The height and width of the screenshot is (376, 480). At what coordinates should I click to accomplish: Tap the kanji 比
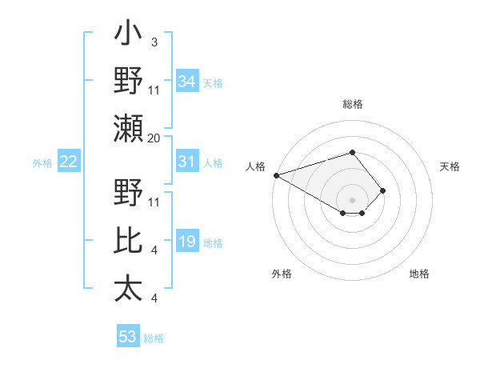tap(128, 242)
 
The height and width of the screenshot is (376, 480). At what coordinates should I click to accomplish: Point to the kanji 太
tap(128, 288)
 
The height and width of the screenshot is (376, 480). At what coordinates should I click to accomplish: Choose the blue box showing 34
tap(186, 82)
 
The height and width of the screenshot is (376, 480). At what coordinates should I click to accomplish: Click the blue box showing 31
tap(186, 162)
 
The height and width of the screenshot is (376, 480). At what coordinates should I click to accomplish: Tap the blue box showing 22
tap(68, 162)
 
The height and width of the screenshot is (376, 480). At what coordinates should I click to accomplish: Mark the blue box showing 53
tap(127, 337)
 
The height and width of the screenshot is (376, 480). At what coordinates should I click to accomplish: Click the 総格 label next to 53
tap(154, 338)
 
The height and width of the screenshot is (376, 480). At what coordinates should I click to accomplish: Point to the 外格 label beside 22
tap(42, 163)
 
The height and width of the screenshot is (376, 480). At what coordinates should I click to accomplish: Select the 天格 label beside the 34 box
tap(213, 83)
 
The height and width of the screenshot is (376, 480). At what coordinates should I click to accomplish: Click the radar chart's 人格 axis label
tap(255, 166)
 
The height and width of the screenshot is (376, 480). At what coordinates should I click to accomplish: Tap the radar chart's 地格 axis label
tap(419, 274)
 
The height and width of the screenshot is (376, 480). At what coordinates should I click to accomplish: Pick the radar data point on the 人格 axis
tap(275, 175)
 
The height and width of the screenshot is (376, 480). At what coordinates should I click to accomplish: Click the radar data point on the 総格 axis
tap(352, 152)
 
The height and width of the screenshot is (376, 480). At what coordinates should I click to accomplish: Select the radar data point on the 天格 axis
tap(383, 190)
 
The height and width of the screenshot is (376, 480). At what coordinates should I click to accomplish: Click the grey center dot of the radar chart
tap(352, 199)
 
